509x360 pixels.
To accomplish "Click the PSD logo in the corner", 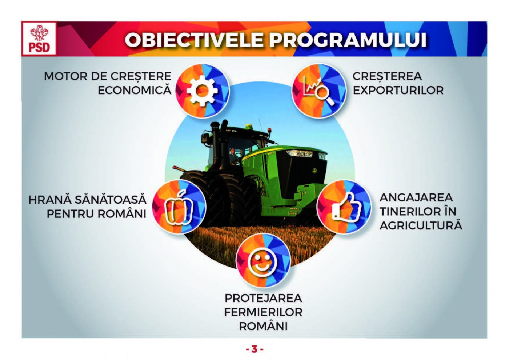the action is (39, 39).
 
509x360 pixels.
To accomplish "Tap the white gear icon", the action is (202, 91).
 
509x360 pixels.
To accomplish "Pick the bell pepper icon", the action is (179, 207).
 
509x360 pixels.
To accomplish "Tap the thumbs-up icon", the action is (346, 207).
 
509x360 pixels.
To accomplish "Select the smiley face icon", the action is (263, 262).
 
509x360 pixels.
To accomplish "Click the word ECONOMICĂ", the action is (135, 90).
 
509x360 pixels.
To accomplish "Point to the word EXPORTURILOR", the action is (398, 90).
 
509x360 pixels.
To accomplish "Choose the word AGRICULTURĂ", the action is (421, 225).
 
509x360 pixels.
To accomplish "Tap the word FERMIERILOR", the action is (263, 312).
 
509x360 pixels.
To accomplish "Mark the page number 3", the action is (254, 349).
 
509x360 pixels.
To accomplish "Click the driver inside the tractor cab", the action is (233, 156).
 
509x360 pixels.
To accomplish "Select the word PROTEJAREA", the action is (263, 298).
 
